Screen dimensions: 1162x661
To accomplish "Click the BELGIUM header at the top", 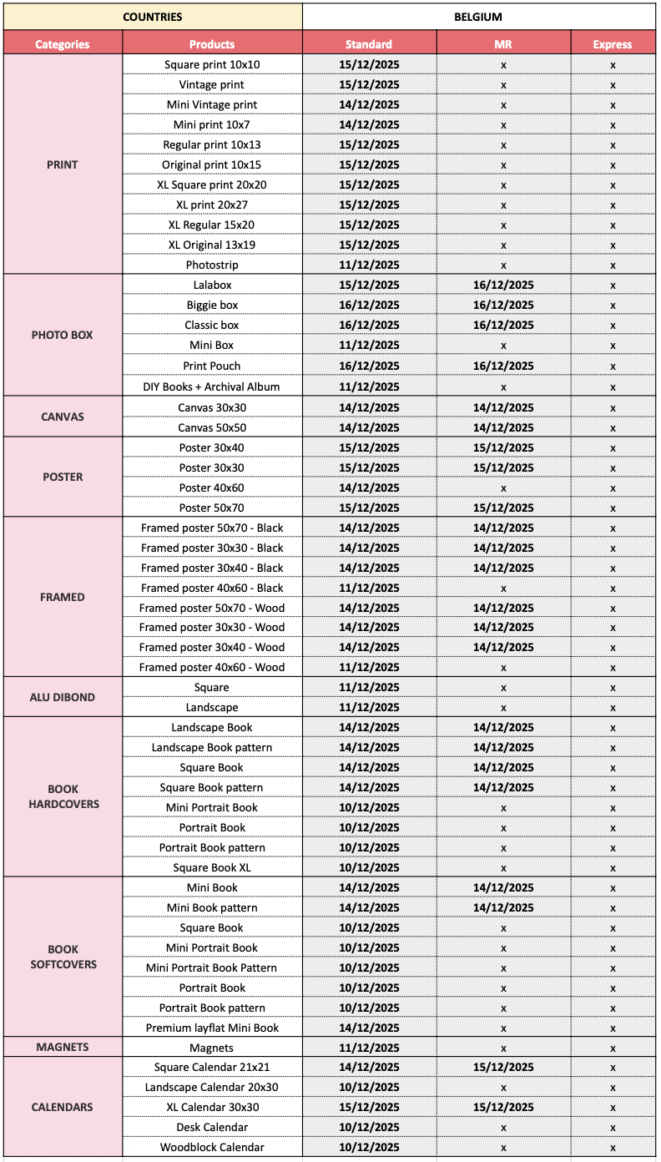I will click(x=478, y=17).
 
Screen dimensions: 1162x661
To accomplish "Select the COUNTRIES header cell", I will click(x=152, y=17).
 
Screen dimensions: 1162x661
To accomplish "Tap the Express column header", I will click(x=613, y=44).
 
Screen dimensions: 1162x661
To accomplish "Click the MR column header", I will click(x=503, y=44).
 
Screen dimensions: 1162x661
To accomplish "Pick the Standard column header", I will click(x=369, y=44).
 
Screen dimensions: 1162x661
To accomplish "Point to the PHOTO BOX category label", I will click(x=62, y=335).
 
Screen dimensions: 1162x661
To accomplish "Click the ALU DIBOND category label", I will click(x=62, y=697).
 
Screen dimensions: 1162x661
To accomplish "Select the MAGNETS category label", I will click(x=62, y=1047).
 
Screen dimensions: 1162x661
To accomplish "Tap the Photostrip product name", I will click(x=212, y=265).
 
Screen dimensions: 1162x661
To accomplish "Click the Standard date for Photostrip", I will click(x=369, y=265).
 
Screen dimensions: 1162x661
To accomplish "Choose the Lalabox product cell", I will click(x=212, y=285).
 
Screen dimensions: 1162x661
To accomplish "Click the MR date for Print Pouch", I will click(x=503, y=366).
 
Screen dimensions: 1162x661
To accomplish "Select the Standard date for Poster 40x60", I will click(x=369, y=488).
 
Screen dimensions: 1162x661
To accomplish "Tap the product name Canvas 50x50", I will click(x=212, y=427).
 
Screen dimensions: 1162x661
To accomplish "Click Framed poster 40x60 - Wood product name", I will click(x=212, y=667).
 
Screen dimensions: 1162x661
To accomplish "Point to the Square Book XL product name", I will click(x=212, y=867).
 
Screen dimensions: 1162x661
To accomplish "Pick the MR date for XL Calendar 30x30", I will click(x=503, y=1107).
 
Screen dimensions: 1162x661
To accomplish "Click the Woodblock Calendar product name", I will click(x=212, y=1147).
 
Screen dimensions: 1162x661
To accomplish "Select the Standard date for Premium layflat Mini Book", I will click(x=369, y=1028).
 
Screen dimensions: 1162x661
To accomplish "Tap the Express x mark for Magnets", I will click(x=613, y=1048).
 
